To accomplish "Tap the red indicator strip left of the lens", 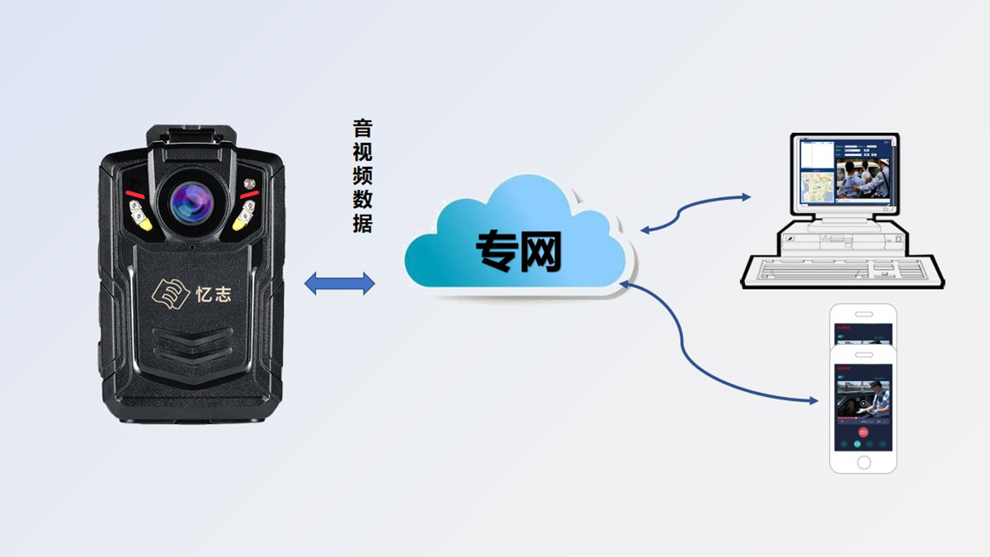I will click(135, 196).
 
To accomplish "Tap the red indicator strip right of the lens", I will click(248, 196).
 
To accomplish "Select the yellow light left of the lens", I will click(141, 219).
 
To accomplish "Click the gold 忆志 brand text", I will click(213, 294).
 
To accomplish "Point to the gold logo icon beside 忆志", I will click(169, 292).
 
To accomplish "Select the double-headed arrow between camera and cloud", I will click(340, 284).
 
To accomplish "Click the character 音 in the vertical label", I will click(362, 129).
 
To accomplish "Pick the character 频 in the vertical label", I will click(362, 176).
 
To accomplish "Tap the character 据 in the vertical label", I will click(362, 223).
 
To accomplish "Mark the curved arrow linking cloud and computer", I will click(695, 210).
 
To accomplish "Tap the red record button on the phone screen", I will click(863, 431).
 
